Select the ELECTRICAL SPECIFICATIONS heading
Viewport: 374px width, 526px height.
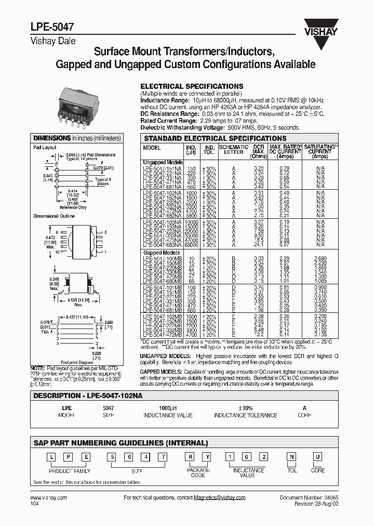pos(192,86)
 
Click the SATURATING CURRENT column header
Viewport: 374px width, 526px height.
pos(321,150)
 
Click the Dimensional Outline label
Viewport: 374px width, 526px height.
pos(54,216)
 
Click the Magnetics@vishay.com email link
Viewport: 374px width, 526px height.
pos(209,497)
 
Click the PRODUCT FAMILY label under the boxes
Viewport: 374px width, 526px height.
pos(70,470)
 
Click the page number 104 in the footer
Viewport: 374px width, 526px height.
pos(34,504)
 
